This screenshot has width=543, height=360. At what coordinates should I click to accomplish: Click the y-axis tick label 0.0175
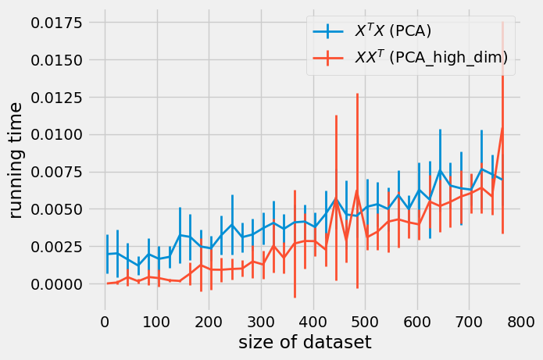(x=55, y=23)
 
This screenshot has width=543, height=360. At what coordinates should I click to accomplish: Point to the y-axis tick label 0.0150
(x=55, y=60)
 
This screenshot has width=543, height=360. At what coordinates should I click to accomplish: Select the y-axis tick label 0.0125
(x=55, y=98)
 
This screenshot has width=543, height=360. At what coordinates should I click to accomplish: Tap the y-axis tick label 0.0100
(x=55, y=134)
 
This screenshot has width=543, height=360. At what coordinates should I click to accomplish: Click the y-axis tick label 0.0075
(x=55, y=172)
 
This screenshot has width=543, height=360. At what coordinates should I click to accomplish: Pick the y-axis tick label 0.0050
(x=55, y=209)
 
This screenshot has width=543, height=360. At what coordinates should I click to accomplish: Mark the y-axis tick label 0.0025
(x=55, y=247)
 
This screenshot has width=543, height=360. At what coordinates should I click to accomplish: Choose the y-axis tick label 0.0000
(x=55, y=284)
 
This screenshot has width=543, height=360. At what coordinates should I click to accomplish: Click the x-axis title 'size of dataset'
(x=295, y=342)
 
